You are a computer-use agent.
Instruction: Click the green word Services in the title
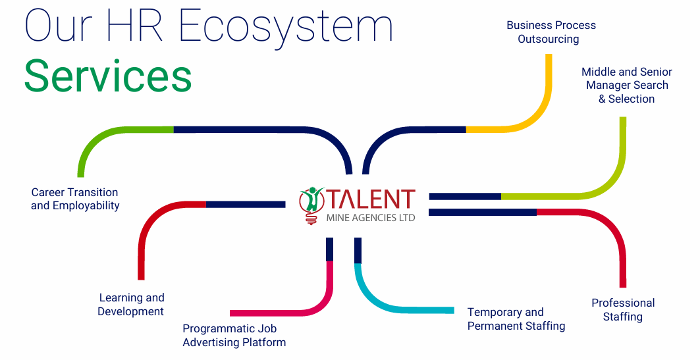click(108, 76)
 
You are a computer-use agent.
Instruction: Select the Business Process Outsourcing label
click(551, 32)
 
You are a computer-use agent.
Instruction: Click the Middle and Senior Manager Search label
click(627, 85)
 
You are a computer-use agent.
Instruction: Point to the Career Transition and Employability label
click(75, 199)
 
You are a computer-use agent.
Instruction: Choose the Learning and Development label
click(131, 304)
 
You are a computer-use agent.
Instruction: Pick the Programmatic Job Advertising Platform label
click(234, 336)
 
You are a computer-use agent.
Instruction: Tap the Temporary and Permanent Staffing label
click(516, 319)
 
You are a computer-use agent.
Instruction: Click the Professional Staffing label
click(623, 309)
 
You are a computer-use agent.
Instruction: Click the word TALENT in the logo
click(371, 199)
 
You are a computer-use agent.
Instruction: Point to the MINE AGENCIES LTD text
click(371, 218)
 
